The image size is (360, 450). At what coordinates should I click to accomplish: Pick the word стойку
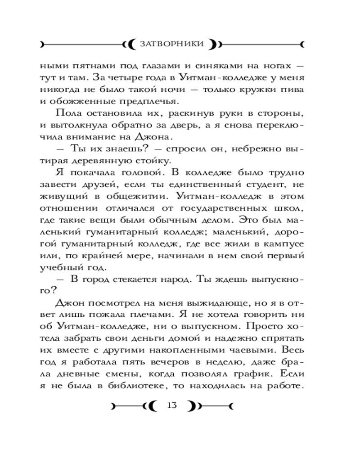tap(179, 160)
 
